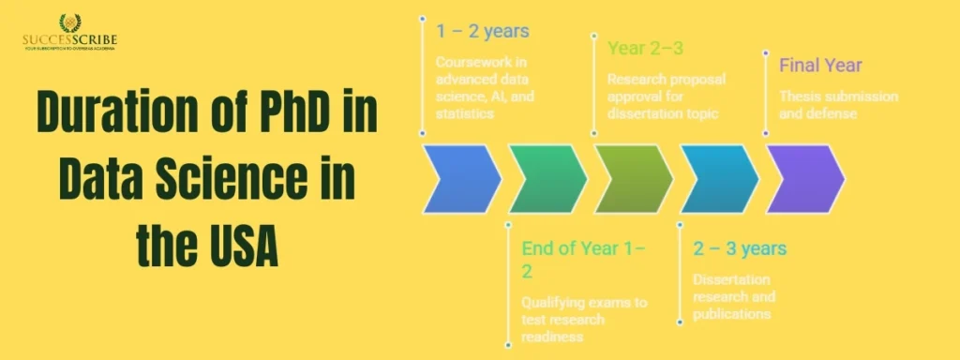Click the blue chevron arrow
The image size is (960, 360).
tap(461, 178)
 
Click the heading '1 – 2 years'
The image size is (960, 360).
tap(482, 31)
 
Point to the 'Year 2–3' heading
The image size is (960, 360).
tap(646, 48)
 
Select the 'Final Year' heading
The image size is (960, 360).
tap(820, 66)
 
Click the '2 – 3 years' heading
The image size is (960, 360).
tap(740, 249)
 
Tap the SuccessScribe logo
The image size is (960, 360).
tap(70, 33)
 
